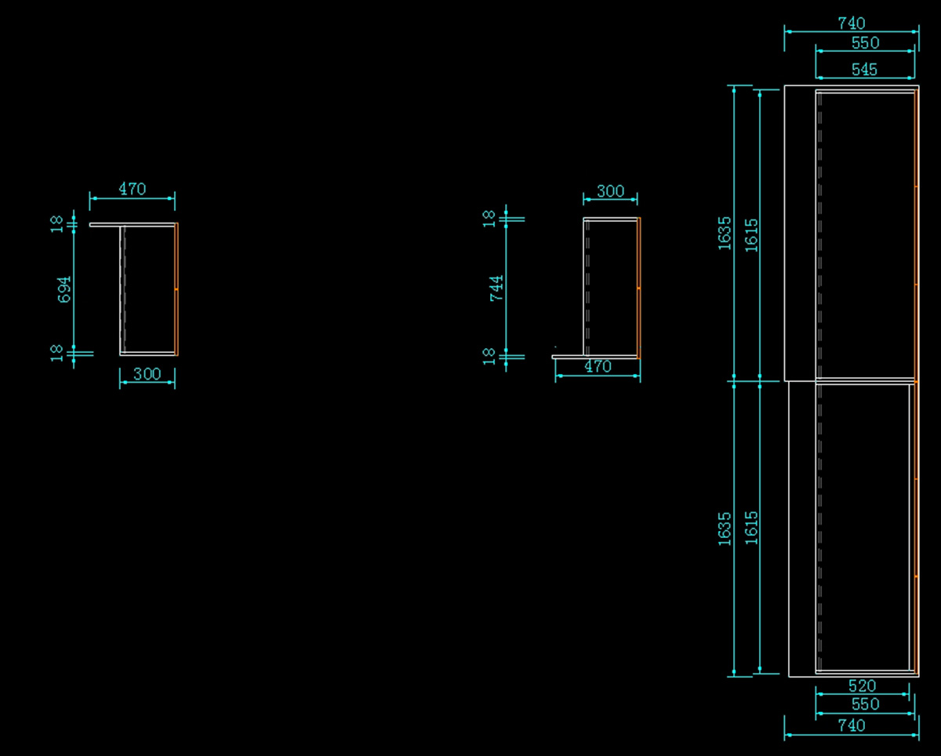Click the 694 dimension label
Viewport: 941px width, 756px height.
[x=65, y=288]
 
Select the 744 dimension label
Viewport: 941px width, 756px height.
[x=496, y=288]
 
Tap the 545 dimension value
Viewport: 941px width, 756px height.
[x=864, y=69]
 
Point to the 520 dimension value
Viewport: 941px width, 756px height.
[x=862, y=685]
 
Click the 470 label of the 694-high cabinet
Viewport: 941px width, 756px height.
[x=132, y=189]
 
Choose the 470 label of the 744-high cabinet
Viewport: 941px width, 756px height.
[x=598, y=366]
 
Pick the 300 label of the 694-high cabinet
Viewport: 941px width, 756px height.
[x=147, y=374]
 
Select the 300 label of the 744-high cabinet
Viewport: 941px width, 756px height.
[x=610, y=191]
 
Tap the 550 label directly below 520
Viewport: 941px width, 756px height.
[x=864, y=704]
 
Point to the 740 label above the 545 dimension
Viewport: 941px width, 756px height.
[x=851, y=23]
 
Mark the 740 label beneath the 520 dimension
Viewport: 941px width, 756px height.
[x=851, y=725]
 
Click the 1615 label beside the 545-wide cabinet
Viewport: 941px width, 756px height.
[x=751, y=234]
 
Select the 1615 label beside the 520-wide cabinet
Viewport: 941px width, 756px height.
[x=751, y=528]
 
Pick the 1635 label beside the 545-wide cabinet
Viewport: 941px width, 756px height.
[x=725, y=234]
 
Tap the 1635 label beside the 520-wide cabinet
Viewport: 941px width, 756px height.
[x=725, y=528]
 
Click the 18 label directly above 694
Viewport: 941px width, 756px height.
[x=56, y=223]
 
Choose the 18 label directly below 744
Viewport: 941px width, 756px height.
[x=489, y=356]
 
